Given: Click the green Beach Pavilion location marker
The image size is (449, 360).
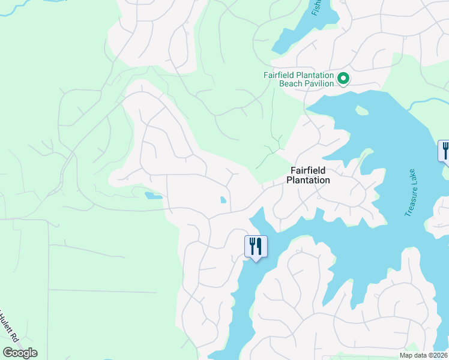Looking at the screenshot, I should [343, 79].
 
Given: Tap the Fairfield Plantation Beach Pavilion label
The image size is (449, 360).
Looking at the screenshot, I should [298, 79].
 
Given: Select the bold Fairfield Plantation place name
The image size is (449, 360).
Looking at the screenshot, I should [308, 175].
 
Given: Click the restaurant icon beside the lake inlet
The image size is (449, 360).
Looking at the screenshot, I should [256, 246].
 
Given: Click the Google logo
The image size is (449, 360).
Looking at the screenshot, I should [20, 353].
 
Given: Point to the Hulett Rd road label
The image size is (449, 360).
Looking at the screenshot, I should [8, 327].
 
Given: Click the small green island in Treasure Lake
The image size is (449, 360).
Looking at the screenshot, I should [361, 110].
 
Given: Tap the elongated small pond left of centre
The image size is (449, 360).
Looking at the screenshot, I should [153, 195].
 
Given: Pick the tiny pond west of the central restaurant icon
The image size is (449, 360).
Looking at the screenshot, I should [223, 200].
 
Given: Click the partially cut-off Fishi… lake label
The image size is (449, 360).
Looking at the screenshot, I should [316, 8].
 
